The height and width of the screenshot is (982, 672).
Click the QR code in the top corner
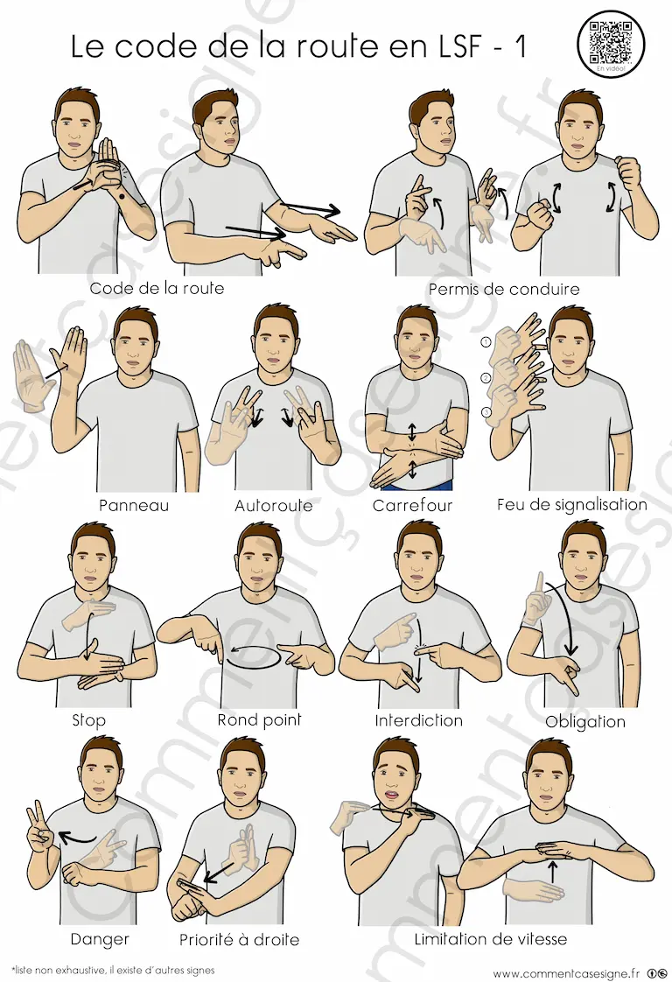(610, 43)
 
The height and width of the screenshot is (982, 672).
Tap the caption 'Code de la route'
(157, 288)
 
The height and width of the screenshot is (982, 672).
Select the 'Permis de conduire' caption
(503, 290)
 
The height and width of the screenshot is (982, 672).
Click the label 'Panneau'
(134, 505)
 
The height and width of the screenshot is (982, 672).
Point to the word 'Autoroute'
(274, 505)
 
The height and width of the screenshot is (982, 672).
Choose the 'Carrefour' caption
(412, 505)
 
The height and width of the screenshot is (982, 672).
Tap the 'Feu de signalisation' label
(571, 505)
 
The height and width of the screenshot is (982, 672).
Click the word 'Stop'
(89, 720)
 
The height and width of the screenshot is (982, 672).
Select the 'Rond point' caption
(259, 720)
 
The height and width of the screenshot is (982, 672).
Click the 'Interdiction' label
(418, 721)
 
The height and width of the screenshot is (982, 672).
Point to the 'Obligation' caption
(585, 721)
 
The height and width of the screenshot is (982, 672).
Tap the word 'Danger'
(100, 939)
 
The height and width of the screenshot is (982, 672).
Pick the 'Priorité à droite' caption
(239, 939)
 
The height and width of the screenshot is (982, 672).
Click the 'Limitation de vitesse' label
(490, 939)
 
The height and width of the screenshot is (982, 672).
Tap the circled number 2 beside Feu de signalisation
(486, 377)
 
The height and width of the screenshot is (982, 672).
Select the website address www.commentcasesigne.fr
(566, 973)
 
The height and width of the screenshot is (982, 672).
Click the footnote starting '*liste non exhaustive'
(114, 970)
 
